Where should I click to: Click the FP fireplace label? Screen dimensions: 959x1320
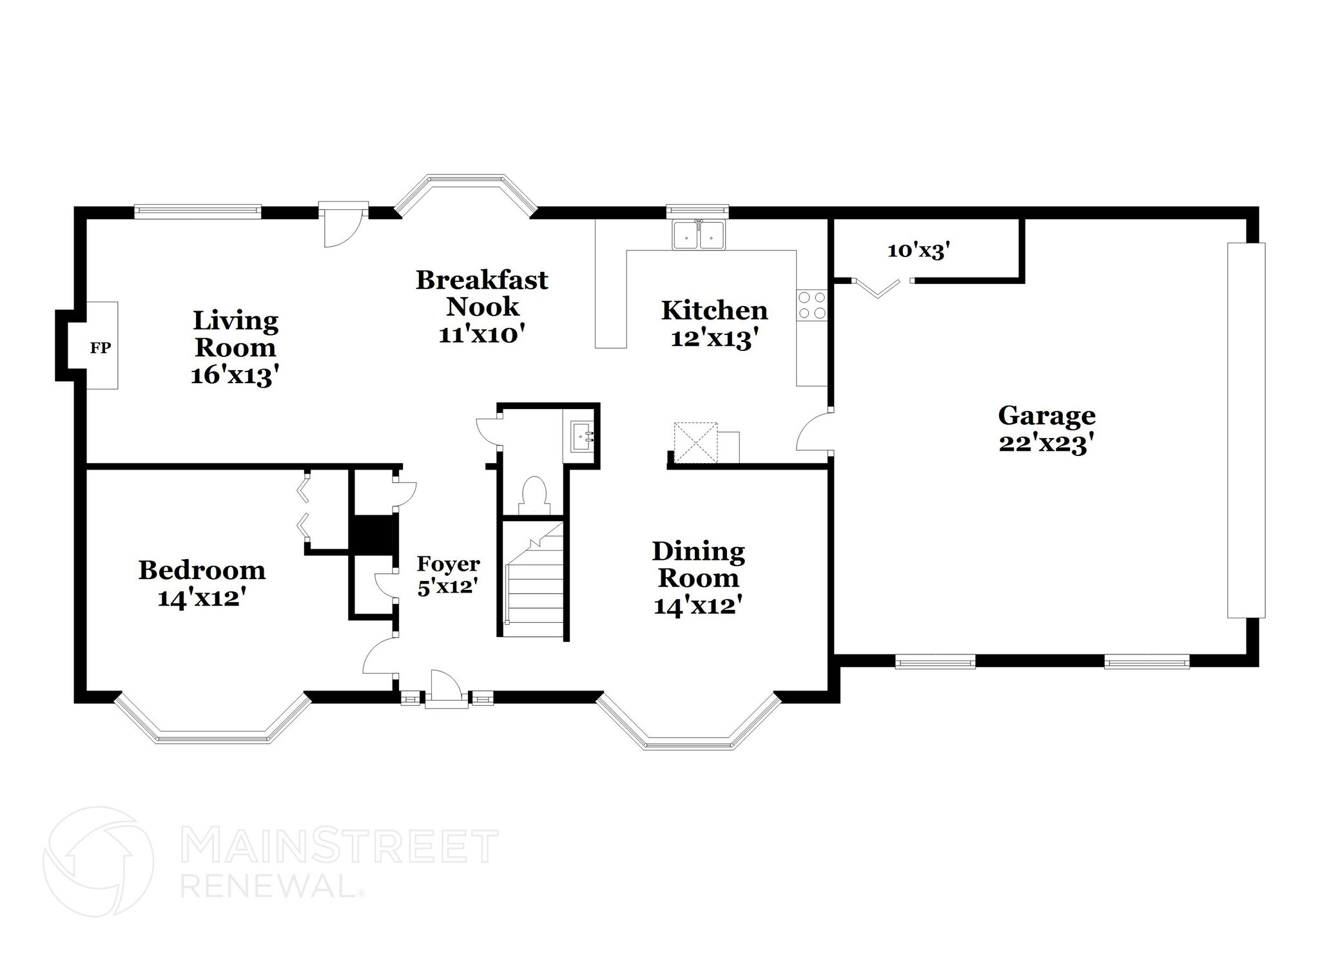(100, 348)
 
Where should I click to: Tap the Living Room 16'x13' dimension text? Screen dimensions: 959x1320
(235, 375)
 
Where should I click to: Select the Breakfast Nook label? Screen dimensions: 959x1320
(481, 292)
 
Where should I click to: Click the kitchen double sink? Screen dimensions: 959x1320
(698, 235)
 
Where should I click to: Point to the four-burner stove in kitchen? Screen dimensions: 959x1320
(811, 305)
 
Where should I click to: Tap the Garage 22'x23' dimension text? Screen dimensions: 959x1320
(1046, 444)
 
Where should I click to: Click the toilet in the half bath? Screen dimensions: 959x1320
(534, 495)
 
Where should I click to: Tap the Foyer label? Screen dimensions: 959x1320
(448, 564)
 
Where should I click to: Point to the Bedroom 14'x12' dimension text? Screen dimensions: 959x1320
(202, 598)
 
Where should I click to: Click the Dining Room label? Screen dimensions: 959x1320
(698, 564)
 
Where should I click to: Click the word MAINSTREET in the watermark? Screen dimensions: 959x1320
(340, 848)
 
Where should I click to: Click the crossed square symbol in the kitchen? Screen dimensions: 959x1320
(695, 442)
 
